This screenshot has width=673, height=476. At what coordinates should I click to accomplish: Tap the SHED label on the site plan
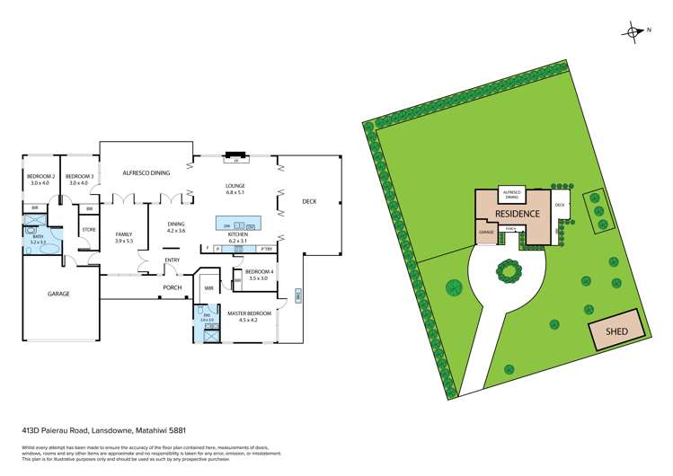(x=616, y=331)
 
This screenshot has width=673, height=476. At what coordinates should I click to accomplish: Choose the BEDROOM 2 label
(x=40, y=176)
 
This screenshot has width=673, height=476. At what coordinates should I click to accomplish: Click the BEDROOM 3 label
(x=80, y=176)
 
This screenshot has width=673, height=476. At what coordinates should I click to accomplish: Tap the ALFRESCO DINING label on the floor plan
(x=146, y=172)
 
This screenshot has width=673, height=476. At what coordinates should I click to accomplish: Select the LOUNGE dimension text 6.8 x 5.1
(x=235, y=193)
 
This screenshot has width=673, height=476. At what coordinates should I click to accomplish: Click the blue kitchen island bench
(x=237, y=224)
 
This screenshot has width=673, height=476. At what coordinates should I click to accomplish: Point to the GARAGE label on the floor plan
(x=59, y=294)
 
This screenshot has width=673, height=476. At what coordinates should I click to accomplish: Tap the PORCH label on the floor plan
(x=172, y=287)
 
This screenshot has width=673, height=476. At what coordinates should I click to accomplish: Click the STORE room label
(x=88, y=230)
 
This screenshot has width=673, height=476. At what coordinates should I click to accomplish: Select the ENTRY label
(x=172, y=260)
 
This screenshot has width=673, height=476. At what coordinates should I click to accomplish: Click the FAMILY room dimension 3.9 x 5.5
(x=123, y=242)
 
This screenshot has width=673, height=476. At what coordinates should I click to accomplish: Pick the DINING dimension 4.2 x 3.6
(x=175, y=231)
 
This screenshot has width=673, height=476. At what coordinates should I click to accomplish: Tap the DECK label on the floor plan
(x=310, y=201)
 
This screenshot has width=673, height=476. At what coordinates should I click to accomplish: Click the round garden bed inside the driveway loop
(x=509, y=269)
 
